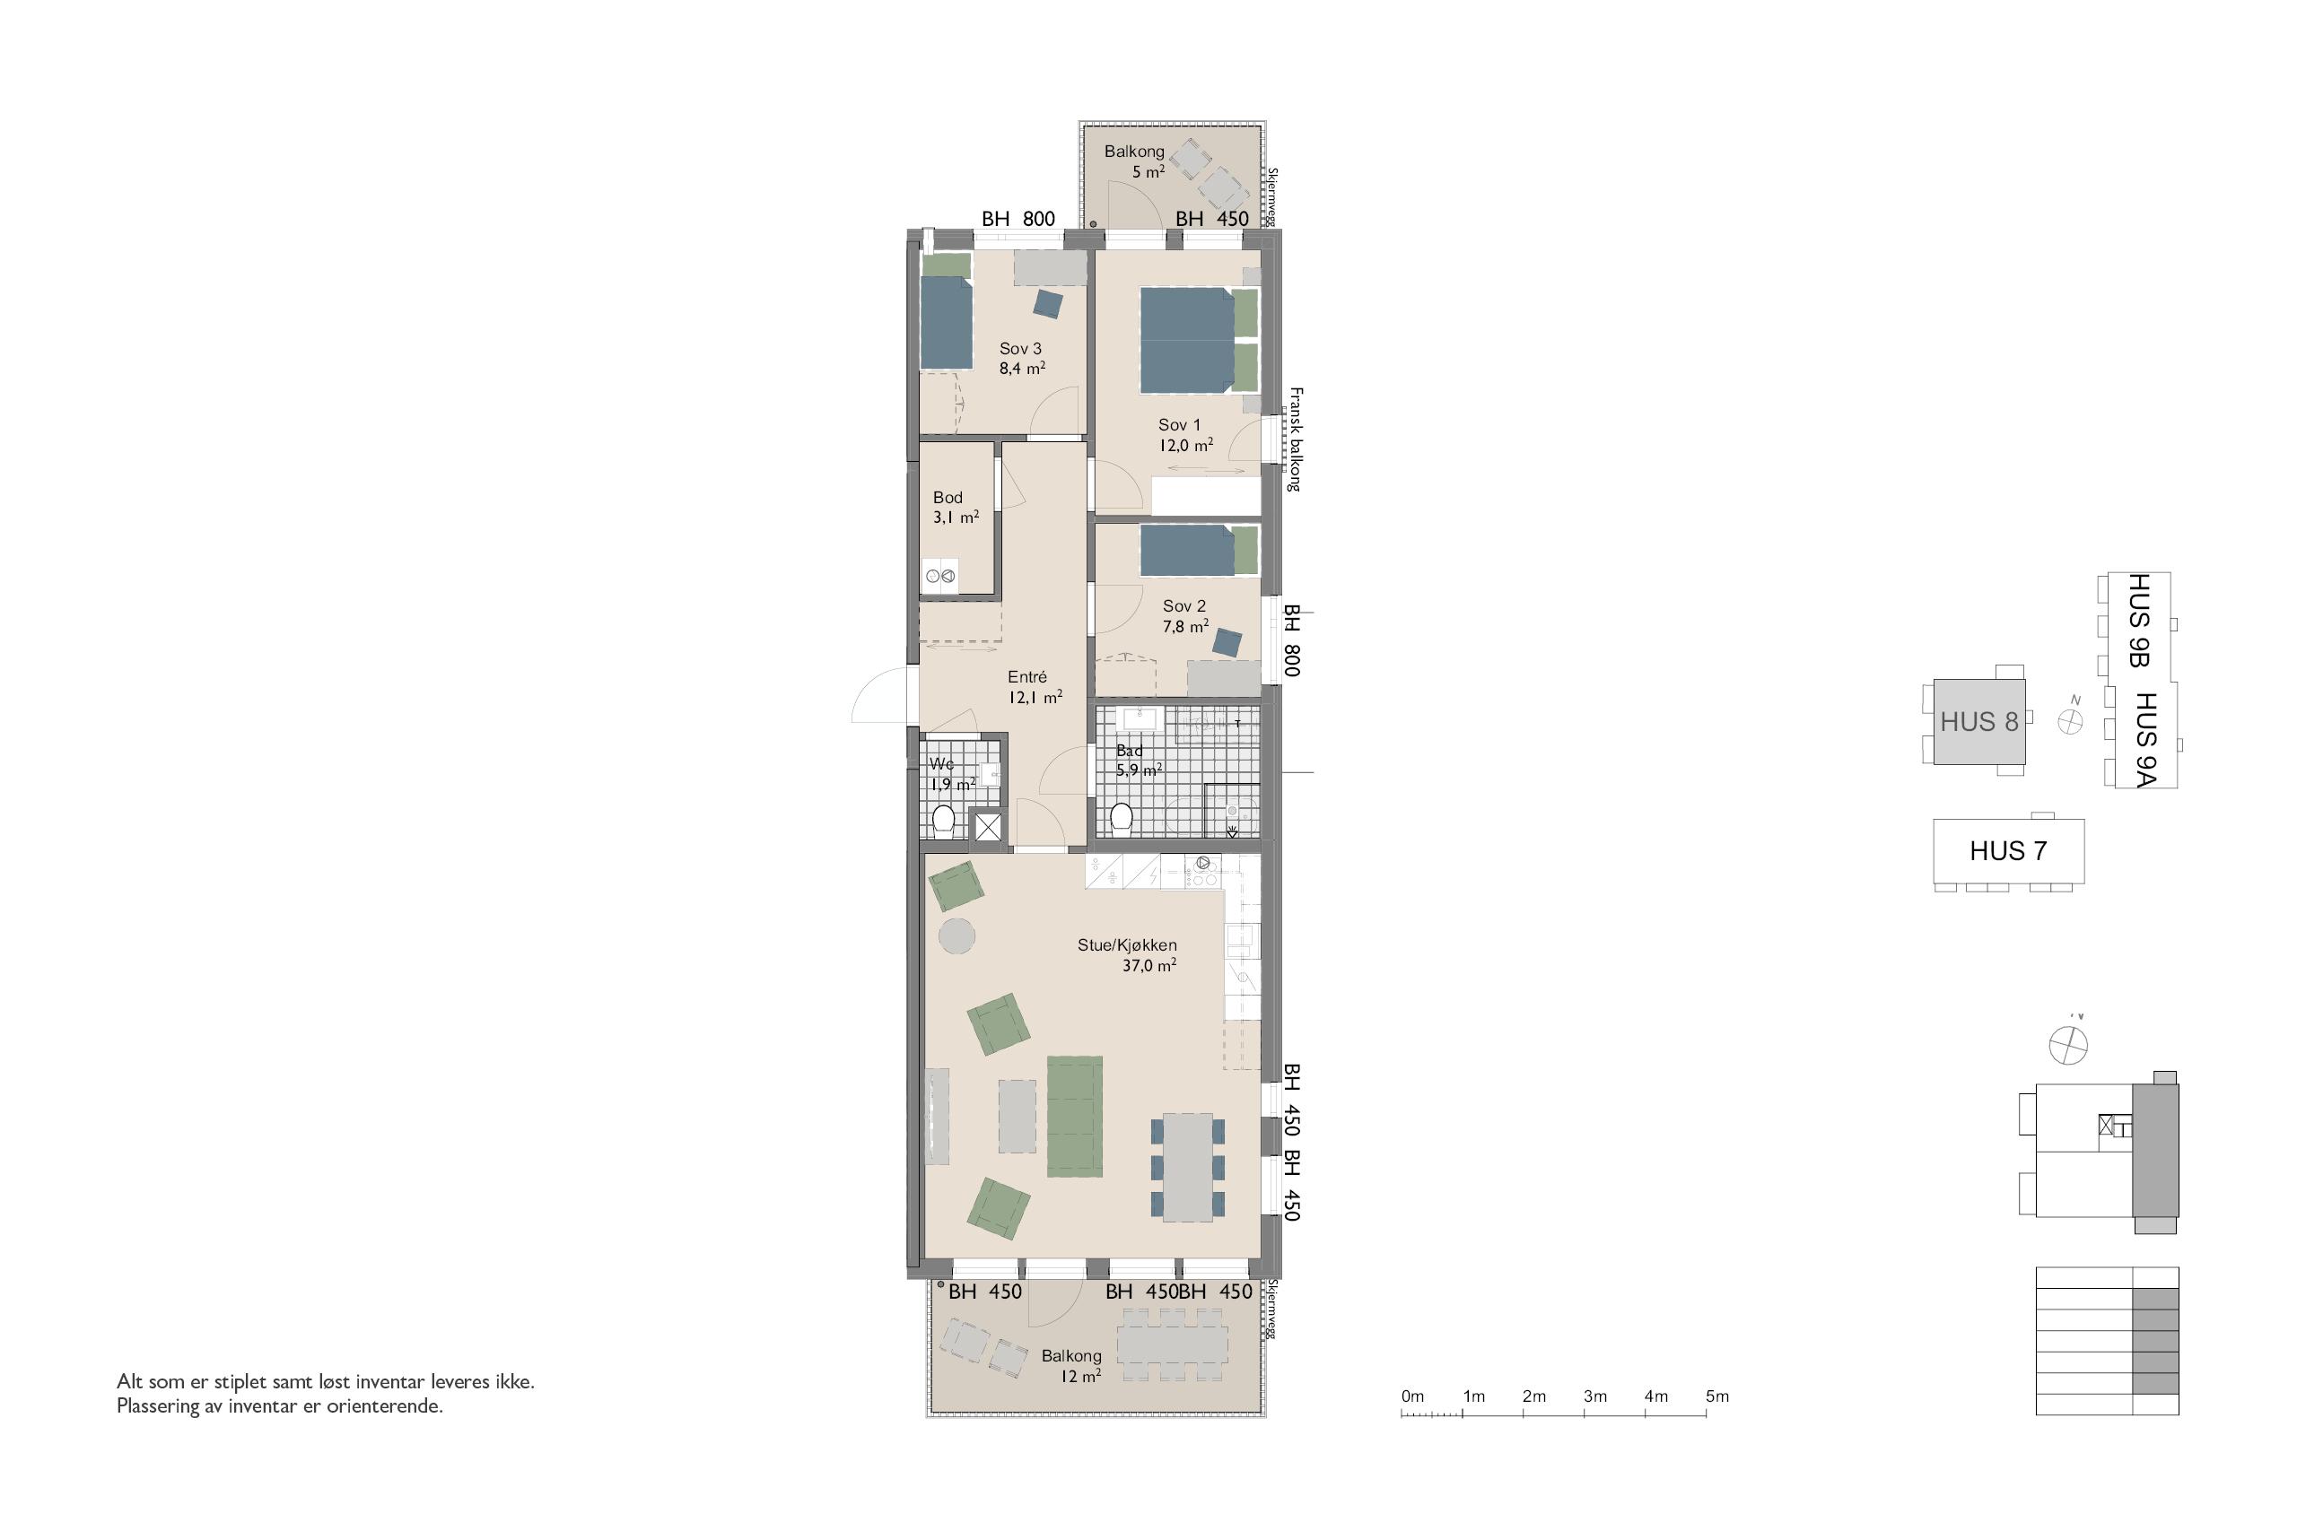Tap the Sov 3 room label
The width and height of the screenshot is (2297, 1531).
tap(1019, 349)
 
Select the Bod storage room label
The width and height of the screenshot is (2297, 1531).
tap(948, 497)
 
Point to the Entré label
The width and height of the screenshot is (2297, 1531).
tap(1027, 676)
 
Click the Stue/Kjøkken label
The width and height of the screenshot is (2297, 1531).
tap(1127, 945)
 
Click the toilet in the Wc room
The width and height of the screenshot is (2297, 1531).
tap(943, 822)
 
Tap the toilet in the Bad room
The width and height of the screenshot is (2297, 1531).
tap(1122, 819)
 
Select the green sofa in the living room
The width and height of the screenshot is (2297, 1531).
tap(1074, 1117)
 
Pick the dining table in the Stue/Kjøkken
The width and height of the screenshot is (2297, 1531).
tap(1188, 1168)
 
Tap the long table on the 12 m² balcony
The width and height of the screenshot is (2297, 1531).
tap(1173, 1344)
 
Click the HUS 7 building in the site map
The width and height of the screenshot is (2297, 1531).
tap(2009, 850)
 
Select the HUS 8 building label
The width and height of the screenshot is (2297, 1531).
tap(1978, 722)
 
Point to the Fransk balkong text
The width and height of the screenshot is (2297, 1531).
tap(1296, 439)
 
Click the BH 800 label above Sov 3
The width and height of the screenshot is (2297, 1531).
tap(1018, 219)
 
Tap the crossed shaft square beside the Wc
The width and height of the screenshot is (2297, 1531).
tap(988, 827)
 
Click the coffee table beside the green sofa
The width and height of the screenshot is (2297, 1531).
tap(1017, 1115)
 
